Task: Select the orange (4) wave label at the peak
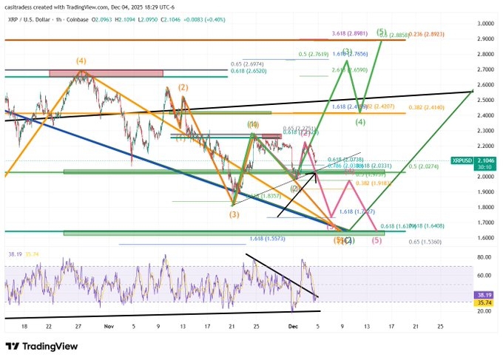tap(81, 61)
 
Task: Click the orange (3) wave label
tap(234, 214)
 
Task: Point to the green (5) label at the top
tap(381, 32)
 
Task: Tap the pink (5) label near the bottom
tap(377, 241)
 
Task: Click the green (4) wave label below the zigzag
tap(361, 122)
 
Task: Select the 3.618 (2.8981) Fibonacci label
tap(349, 34)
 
